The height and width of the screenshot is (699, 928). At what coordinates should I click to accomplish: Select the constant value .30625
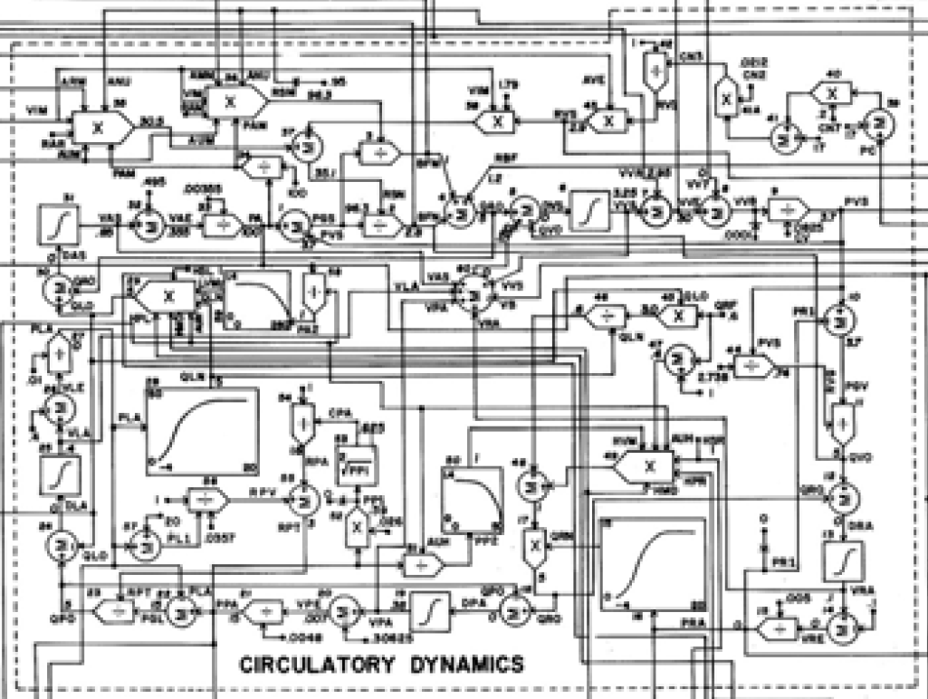click(387, 637)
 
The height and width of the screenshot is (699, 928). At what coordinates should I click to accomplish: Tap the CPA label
click(340, 412)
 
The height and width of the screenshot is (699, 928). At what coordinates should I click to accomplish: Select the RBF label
click(499, 158)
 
